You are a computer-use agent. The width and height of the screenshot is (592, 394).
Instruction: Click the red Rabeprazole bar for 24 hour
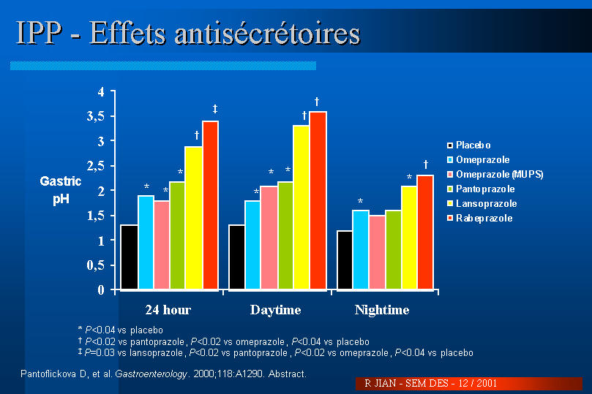coord(210,205)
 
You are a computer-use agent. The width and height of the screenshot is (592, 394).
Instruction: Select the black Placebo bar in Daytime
coord(236,257)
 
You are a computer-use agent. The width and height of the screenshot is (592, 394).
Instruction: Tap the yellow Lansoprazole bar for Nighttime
coord(408,238)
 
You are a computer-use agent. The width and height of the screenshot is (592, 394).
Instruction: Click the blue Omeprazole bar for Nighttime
coord(360,250)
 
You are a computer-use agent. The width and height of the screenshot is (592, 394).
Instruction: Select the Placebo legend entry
coord(472,145)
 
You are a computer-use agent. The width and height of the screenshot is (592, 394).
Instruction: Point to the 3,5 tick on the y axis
coord(105,116)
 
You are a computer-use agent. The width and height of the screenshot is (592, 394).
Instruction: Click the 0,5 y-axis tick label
coord(105,265)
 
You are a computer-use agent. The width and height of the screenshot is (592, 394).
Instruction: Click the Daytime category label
coord(275,310)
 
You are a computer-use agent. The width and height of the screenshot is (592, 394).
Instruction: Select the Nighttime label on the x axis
coord(381,310)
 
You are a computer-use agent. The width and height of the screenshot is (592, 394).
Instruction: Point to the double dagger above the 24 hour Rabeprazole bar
coord(215,109)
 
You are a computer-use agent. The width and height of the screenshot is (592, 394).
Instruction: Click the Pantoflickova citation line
coord(162,374)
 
